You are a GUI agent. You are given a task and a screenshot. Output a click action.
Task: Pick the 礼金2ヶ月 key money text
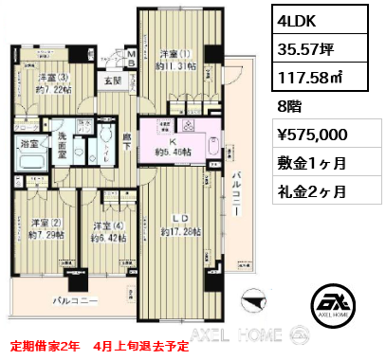pyautogui.click(x=309, y=191)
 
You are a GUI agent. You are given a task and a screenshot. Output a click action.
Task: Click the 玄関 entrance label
pyautogui.click(x=112, y=82)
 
